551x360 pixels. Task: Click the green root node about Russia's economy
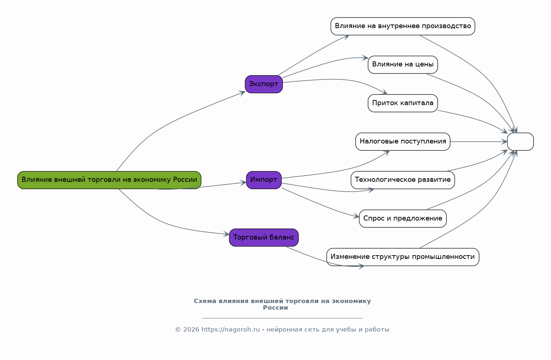click(x=109, y=180)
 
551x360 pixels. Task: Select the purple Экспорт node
click(x=264, y=84)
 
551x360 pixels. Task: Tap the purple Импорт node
click(x=264, y=180)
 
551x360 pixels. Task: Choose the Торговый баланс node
click(x=264, y=238)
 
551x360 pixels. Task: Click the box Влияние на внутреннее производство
click(x=403, y=26)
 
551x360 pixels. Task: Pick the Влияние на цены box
click(x=403, y=65)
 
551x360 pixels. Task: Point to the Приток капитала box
click(x=403, y=103)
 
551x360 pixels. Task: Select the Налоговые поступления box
click(x=403, y=142)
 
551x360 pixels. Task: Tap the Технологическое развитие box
click(x=403, y=180)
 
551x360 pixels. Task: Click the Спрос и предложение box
click(x=403, y=218)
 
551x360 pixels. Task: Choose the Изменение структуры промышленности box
click(x=403, y=257)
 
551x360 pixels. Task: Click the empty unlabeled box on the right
click(x=520, y=142)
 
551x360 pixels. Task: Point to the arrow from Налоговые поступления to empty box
click(x=479, y=142)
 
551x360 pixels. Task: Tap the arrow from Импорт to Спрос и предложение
click(x=320, y=204)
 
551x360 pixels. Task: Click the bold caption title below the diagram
click(x=282, y=304)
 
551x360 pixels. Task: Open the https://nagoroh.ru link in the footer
click(x=230, y=329)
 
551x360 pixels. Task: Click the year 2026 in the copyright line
click(x=191, y=329)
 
